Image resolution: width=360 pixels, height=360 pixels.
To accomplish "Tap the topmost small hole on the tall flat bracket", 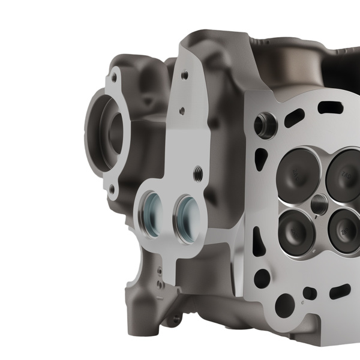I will (x=184, y=75).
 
